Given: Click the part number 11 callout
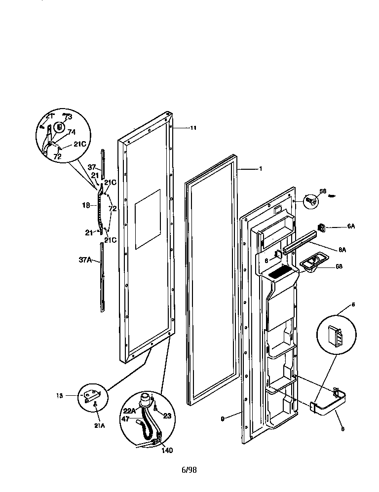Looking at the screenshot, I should (193, 128).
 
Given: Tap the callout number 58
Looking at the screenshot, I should (323, 191).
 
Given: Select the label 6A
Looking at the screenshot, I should (351, 227).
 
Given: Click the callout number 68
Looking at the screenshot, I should (339, 266).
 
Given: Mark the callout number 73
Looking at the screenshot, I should (68, 117).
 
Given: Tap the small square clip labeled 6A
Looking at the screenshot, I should (322, 227).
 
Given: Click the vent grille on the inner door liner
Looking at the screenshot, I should (280, 271).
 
